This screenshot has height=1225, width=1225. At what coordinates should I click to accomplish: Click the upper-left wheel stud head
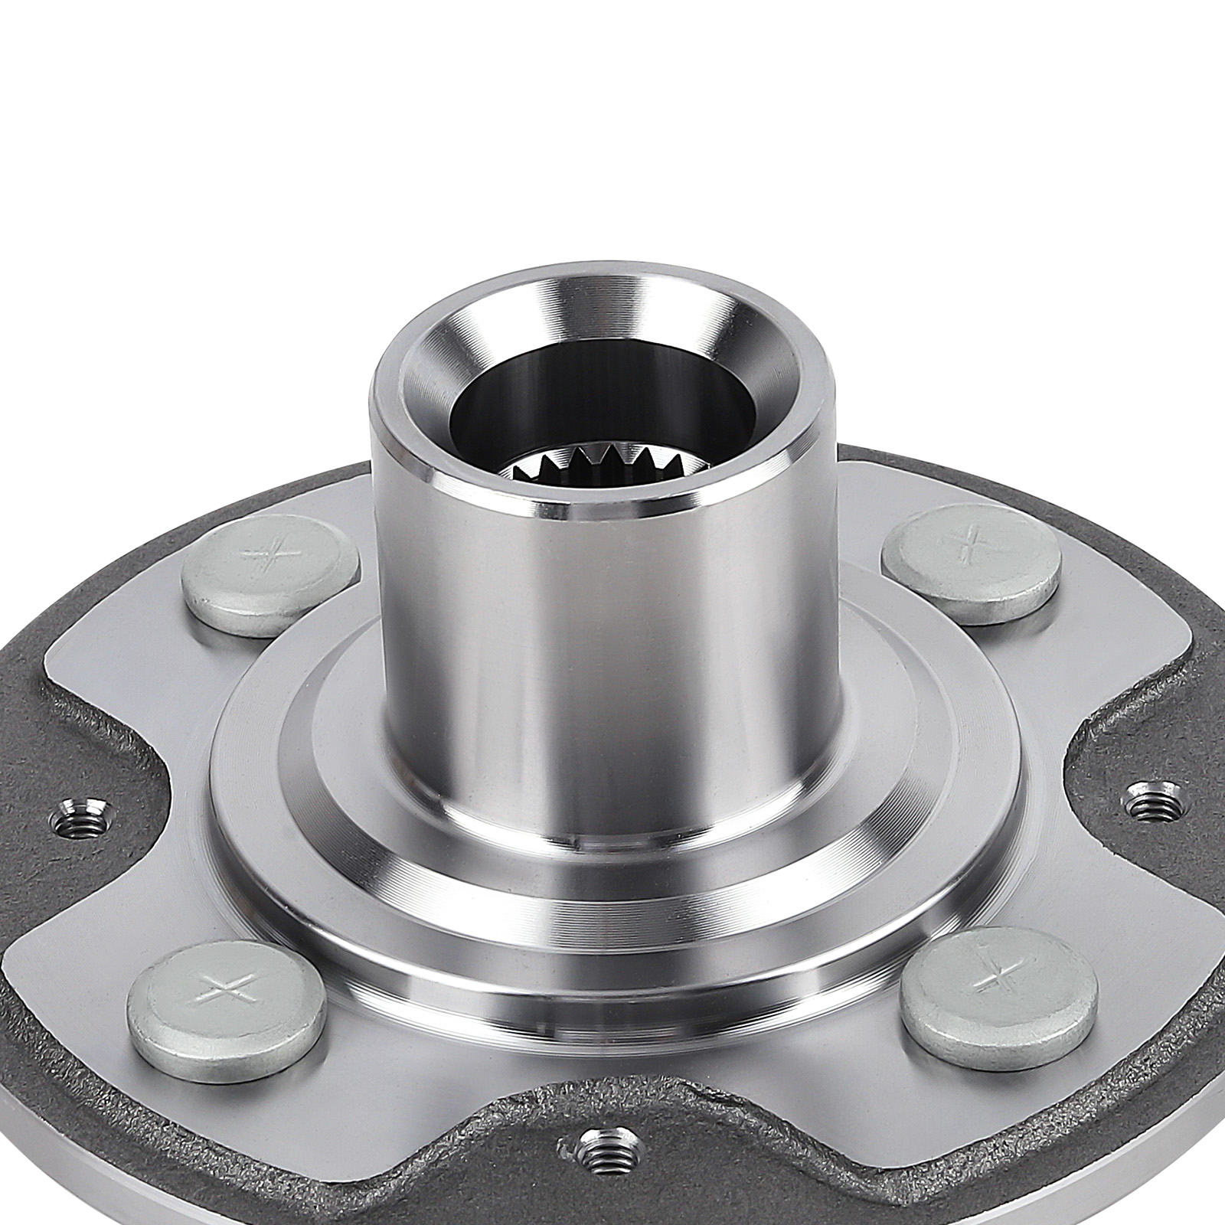tap(269, 568)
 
